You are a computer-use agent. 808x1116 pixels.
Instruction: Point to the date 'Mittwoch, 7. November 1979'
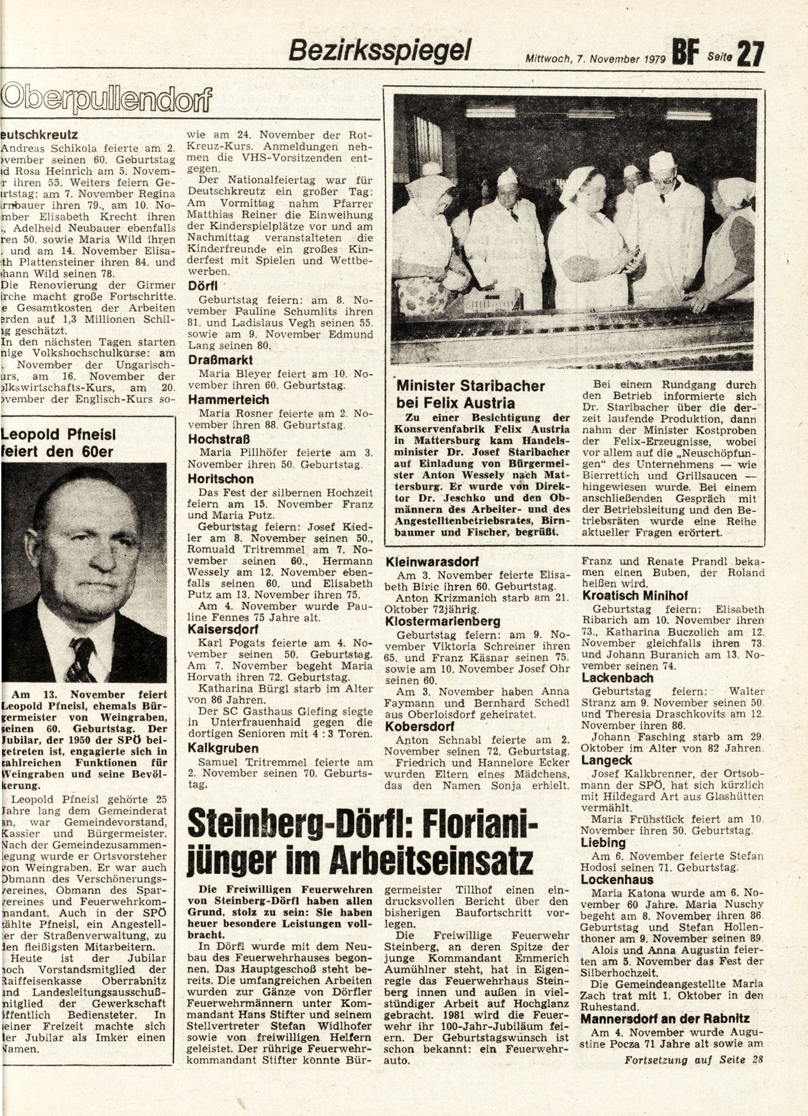[595, 60]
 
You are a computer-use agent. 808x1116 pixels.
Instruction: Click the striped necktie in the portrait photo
[81, 658]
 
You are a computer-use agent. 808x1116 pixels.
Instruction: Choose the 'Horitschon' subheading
[221, 479]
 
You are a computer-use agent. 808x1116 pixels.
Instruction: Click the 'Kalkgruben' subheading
[219, 748]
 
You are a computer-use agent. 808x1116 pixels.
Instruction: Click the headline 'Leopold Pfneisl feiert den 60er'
[59, 443]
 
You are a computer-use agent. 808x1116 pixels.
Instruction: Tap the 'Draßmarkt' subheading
[221, 360]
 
